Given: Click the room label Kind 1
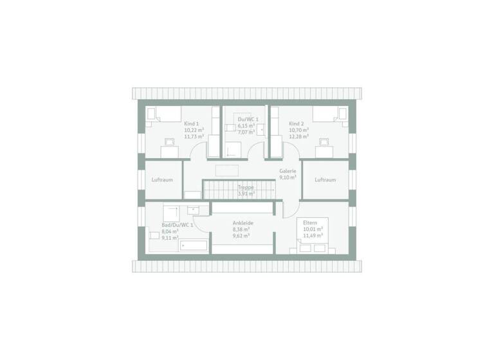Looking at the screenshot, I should (190, 123).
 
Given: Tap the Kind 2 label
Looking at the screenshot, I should (296, 123).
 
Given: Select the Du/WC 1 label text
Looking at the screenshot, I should (248, 119).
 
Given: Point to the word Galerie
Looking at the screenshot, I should (288, 171).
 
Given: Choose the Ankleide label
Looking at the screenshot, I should (243, 222).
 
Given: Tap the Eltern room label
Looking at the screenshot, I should (311, 222).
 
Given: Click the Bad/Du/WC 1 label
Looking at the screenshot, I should (178, 225).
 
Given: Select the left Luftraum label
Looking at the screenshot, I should (162, 180).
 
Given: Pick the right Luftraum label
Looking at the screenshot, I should (325, 180).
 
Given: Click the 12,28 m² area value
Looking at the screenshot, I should (299, 136).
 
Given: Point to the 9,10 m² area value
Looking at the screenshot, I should (288, 177).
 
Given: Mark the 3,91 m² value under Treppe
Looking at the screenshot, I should (246, 193).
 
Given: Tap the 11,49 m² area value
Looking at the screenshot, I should (312, 235).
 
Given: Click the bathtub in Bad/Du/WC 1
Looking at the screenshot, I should (194, 246).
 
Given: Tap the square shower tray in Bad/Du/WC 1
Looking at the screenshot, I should (171, 213).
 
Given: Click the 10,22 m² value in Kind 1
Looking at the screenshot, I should (194, 130).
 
